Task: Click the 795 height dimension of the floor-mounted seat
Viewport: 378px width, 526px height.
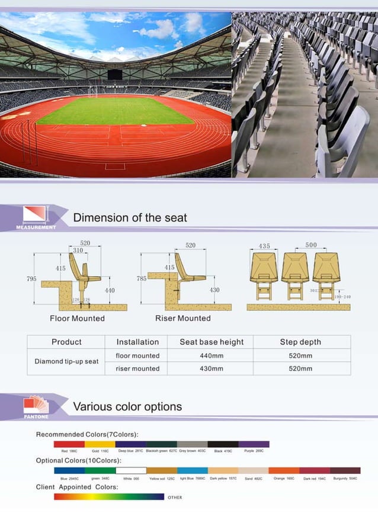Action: pos(31,279)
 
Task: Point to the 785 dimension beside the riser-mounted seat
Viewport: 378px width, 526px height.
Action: pos(142,278)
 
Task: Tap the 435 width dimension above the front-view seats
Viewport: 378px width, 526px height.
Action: pos(264,245)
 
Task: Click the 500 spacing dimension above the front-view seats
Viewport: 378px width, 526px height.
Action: pos(311,245)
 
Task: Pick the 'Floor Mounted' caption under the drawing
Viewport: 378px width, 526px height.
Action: pos(77,319)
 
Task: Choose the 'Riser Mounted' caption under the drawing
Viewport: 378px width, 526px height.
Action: pos(182,319)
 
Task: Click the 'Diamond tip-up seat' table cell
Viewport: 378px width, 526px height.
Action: pos(66,361)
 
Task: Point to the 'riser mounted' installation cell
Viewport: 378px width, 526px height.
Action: pos(137,368)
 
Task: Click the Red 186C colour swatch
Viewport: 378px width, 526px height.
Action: pos(69,444)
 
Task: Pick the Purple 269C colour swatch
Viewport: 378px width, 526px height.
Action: pos(254,444)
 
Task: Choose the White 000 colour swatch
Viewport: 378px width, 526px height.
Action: pos(131,470)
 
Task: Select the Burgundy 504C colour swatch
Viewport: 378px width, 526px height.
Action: pos(345,470)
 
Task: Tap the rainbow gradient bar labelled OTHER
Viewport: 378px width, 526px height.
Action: pos(108,496)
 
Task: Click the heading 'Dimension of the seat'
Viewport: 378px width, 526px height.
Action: pos(130,217)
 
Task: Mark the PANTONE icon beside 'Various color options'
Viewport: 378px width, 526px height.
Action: pos(35,406)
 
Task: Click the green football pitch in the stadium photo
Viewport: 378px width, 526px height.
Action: pos(116,111)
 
